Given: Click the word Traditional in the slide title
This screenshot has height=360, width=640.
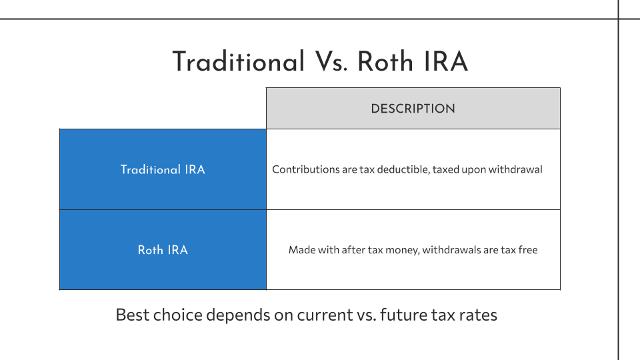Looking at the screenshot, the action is pos(239,61).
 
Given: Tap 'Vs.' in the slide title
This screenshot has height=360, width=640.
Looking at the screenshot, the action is pos(331,61).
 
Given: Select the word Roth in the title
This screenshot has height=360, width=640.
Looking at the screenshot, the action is pos(386,61).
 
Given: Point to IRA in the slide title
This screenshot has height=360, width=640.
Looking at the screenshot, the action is pos(446,61).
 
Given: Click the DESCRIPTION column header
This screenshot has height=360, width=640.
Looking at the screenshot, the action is pos(413,109).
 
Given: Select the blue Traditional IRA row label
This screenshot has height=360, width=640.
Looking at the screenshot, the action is pos(163,169).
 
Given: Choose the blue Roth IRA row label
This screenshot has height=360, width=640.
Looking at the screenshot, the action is pos(163,250).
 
